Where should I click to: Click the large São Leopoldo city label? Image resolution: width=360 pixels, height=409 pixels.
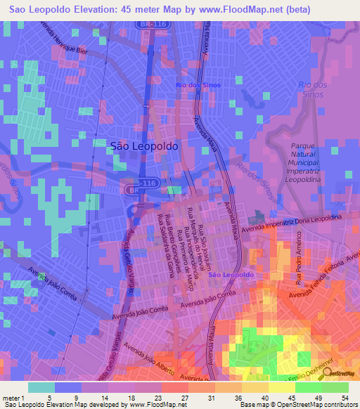pyautogui.click(x=144, y=146)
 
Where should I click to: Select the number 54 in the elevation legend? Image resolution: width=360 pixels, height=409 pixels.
pyautogui.click(x=345, y=398)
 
